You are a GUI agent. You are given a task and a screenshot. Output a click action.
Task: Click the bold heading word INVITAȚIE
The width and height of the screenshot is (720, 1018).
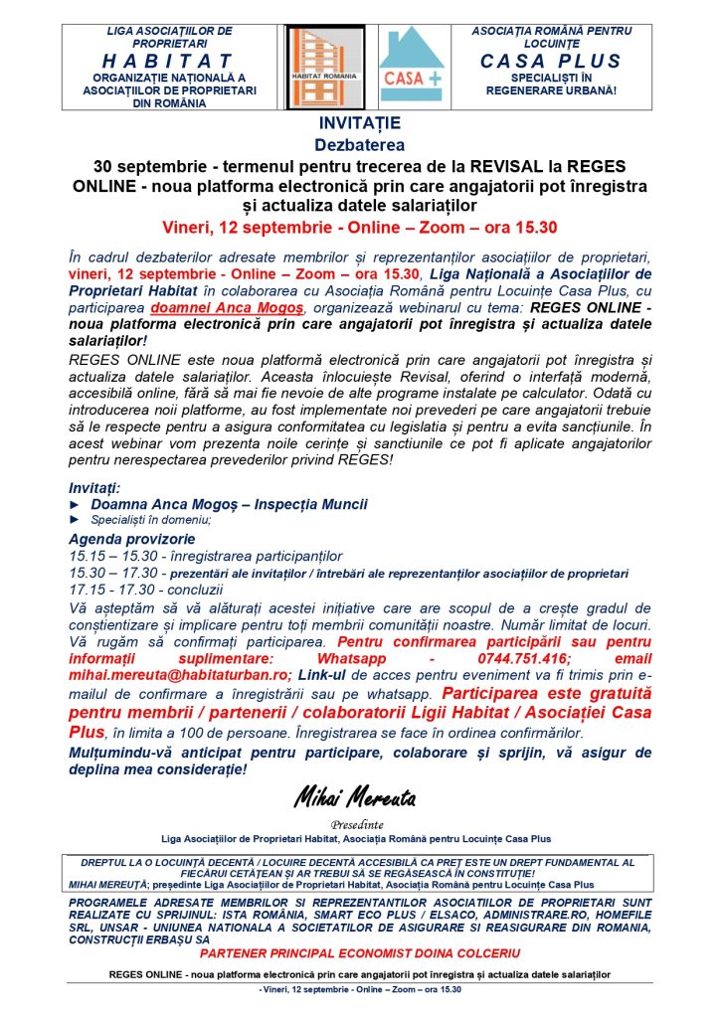point(360,124)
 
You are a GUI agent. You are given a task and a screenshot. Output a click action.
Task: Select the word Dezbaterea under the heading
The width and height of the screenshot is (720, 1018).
point(360,144)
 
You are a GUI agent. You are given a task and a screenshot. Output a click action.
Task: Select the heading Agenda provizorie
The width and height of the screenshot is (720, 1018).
point(124,539)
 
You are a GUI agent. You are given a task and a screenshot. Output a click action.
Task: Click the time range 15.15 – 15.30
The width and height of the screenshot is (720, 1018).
point(108,556)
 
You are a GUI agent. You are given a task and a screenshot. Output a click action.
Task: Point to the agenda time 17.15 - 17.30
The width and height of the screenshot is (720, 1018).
point(108,590)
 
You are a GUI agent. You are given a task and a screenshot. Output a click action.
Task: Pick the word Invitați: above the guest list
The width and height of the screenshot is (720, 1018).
point(94,488)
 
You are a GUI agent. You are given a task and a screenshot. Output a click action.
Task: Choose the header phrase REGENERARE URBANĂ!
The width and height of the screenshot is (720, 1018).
point(551,90)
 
